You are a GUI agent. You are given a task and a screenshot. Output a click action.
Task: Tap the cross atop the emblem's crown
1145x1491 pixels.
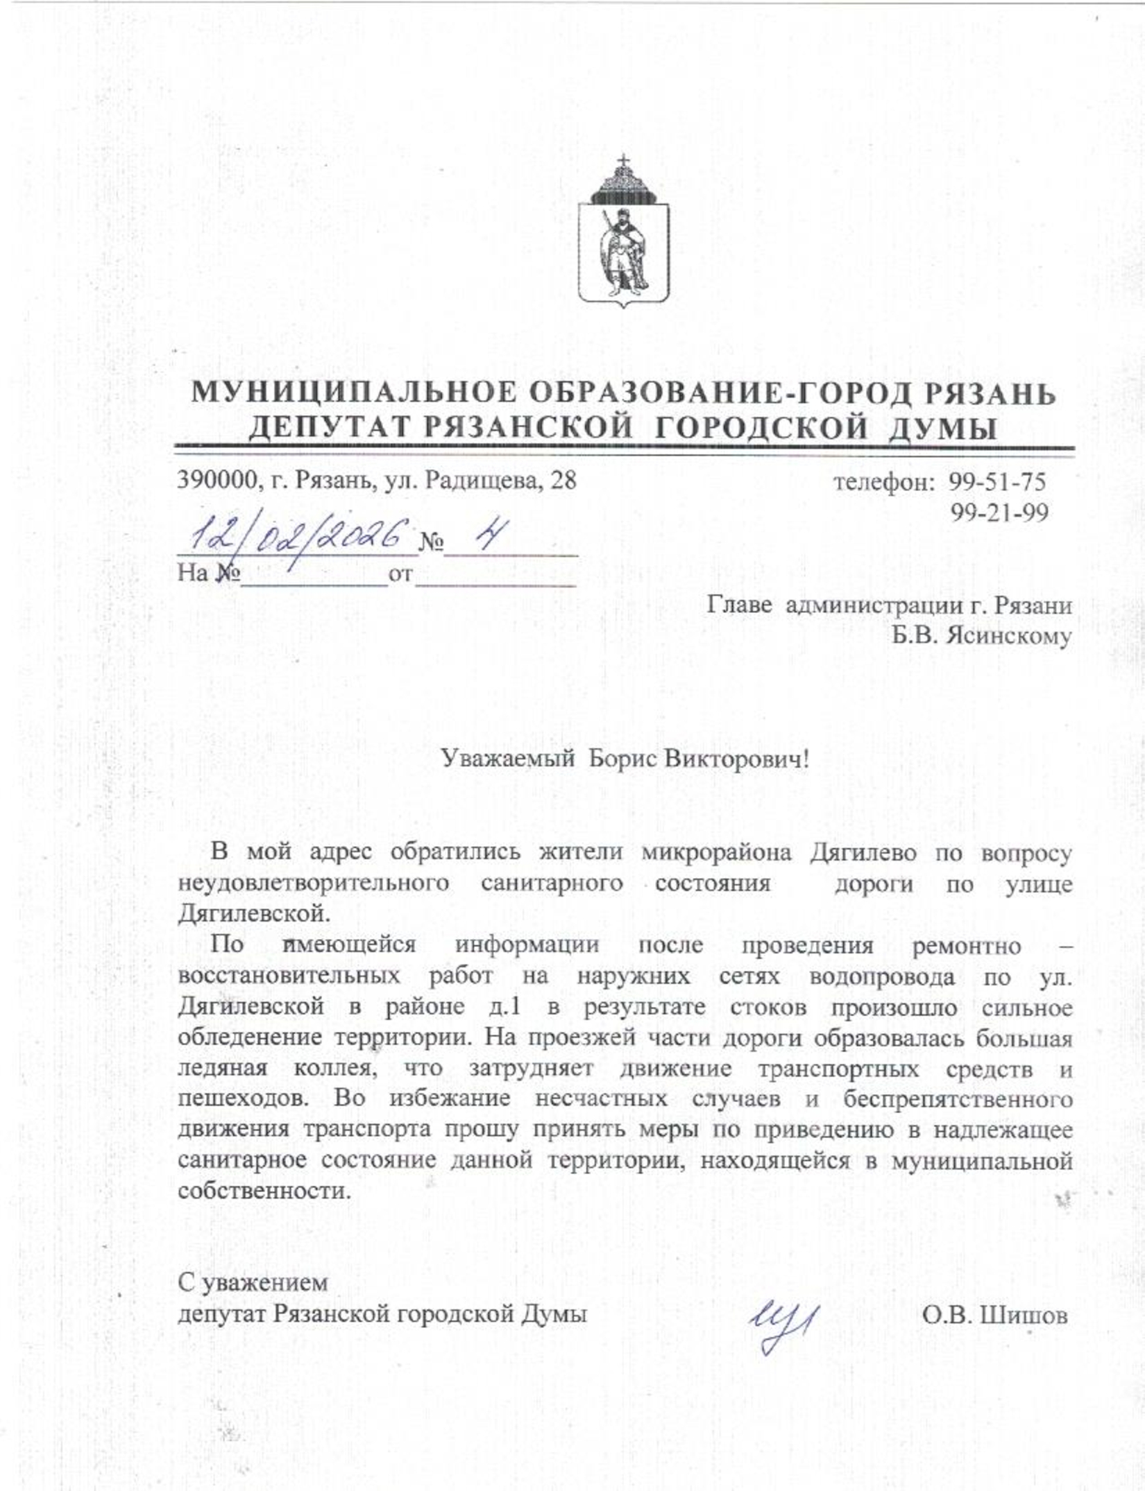pyautogui.click(x=623, y=160)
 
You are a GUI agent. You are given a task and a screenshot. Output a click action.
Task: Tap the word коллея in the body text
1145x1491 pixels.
pyautogui.click(x=336, y=1069)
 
